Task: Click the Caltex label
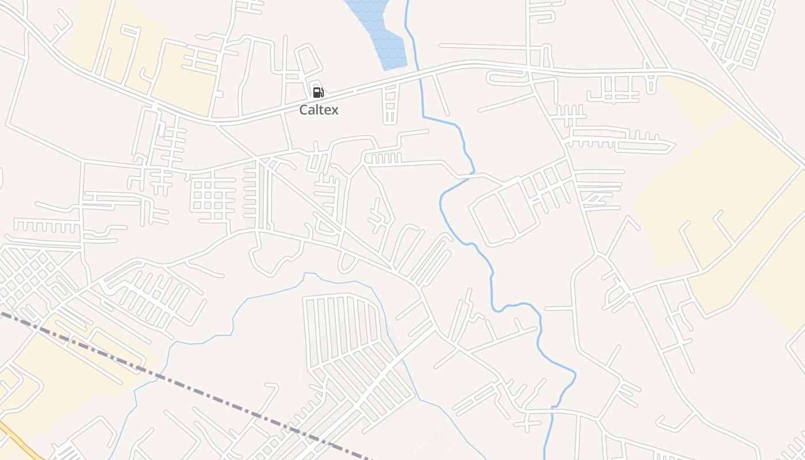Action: [319, 110]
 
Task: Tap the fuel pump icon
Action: [318, 92]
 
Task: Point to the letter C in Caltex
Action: [304, 110]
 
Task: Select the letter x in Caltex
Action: [334, 110]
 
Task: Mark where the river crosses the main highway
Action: [419, 72]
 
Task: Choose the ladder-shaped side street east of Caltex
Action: [390, 103]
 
